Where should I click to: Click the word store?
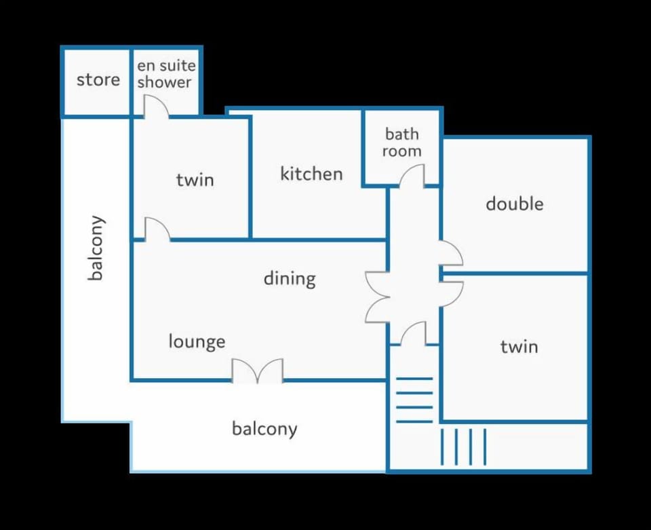click(98, 80)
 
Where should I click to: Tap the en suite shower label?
click(166, 74)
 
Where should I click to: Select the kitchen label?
click(311, 174)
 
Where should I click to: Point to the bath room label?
click(402, 143)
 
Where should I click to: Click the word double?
click(515, 204)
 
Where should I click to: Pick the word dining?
click(290, 279)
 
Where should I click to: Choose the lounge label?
click(197, 341)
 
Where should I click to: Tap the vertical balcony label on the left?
click(96, 248)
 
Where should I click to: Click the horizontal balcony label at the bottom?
click(264, 429)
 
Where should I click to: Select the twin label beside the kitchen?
click(195, 180)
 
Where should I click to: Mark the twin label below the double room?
click(519, 346)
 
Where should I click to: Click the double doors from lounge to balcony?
click(258, 371)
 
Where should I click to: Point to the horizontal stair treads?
click(414, 400)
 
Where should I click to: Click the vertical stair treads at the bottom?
click(463, 447)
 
